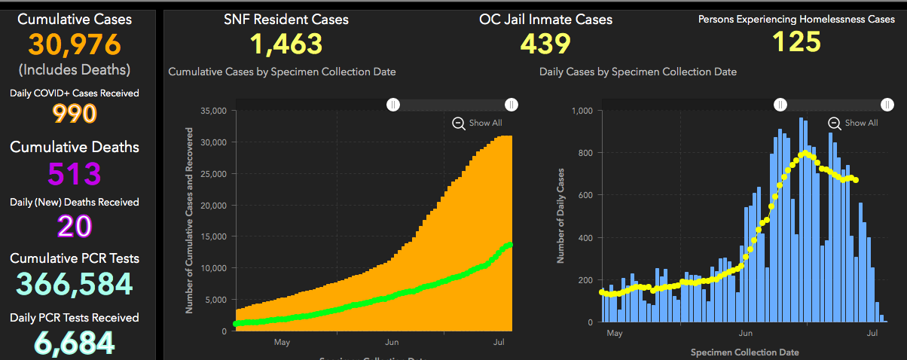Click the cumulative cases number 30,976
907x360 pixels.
(74, 45)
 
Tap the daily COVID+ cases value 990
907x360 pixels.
(74, 114)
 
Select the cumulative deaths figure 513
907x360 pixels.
(74, 173)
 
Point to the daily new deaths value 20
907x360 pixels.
(74, 226)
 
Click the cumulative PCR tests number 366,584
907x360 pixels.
(74, 284)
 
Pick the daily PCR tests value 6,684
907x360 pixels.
(74, 343)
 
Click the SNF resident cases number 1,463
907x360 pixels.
(286, 44)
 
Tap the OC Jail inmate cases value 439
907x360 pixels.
(545, 44)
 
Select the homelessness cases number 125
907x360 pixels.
(797, 41)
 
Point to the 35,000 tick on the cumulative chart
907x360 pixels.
(215, 111)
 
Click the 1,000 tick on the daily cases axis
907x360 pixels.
(584, 111)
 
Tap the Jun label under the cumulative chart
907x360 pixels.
(392, 342)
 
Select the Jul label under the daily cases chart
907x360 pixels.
(873, 332)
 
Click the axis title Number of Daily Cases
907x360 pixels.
(560, 216)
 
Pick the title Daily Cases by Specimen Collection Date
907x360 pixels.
(638, 72)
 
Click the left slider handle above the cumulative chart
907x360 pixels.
(392, 104)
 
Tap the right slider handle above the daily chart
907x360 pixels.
(887, 104)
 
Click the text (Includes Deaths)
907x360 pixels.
(74, 69)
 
